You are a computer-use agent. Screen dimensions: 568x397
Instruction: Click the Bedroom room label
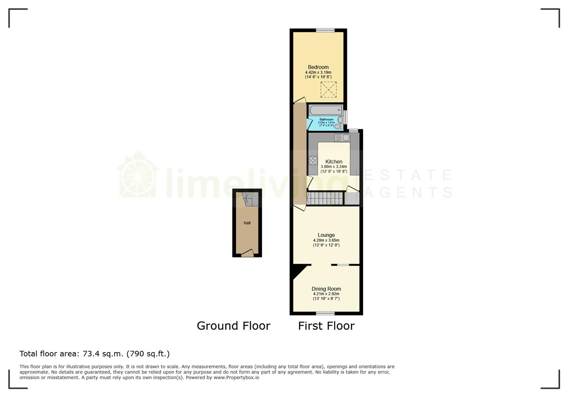318,67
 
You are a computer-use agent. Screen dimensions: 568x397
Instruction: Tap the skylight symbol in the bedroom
329,89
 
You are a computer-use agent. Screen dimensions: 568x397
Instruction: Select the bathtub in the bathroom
326,110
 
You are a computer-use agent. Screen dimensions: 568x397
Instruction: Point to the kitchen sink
342,137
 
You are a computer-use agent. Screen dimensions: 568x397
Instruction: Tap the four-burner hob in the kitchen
313,160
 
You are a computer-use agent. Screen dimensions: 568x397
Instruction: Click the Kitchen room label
334,162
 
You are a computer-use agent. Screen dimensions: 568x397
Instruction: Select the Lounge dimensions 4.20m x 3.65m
326,240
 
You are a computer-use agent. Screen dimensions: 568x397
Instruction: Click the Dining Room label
326,289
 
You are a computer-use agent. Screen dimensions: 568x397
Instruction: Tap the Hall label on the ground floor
247,223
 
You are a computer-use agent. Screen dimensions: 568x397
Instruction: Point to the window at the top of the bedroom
325,31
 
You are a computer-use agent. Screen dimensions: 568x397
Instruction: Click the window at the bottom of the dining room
325,314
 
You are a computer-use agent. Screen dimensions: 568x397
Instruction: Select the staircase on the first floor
325,198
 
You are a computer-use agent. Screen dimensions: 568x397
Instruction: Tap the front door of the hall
247,253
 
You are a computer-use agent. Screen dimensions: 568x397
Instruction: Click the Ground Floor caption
234,326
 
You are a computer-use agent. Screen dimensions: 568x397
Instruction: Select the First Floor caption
326,326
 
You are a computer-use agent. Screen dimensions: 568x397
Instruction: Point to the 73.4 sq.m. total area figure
103,354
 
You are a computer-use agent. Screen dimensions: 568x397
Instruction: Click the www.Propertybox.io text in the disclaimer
236,378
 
